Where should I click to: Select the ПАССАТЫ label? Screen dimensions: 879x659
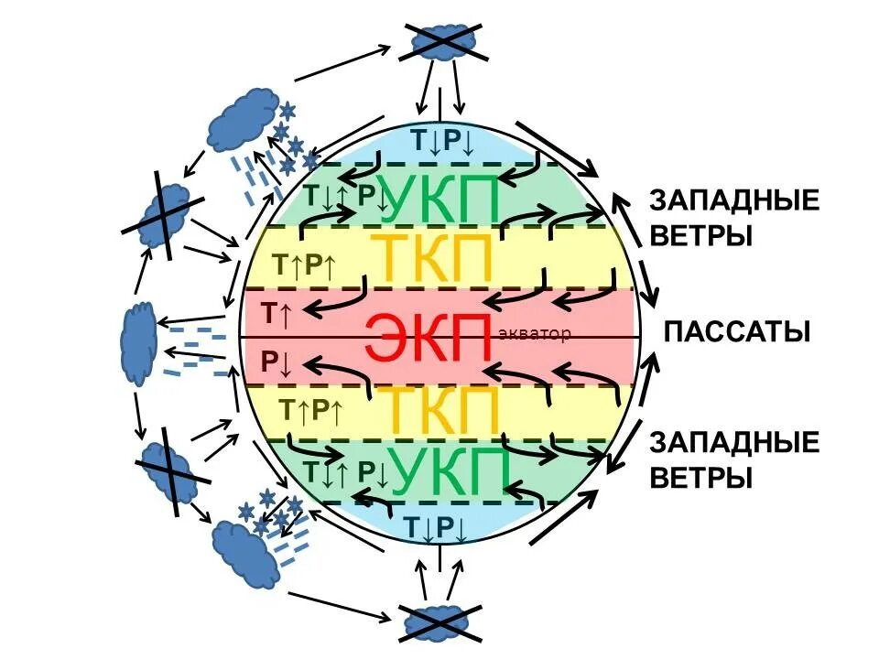click(x=736, y=330)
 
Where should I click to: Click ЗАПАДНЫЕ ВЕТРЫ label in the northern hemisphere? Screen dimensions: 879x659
click(x=734, y=218)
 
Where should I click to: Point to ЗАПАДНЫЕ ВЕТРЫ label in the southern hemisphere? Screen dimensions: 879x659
click(x=734, y=459)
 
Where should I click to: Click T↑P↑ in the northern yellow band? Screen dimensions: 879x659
click(x=305, y=265)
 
